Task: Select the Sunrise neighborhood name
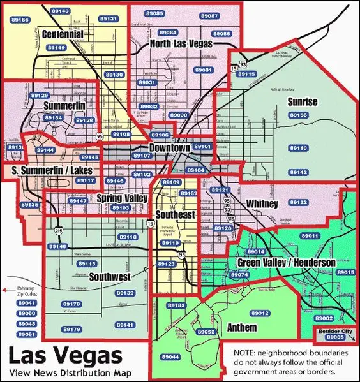302,101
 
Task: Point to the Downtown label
169,148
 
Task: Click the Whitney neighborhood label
262,203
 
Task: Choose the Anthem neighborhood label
242,328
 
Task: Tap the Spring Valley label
122,198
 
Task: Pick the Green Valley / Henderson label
286,263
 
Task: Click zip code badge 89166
20,20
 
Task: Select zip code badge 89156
298,115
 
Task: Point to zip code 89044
170,356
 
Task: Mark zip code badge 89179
72,329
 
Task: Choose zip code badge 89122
299,202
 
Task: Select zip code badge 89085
154,13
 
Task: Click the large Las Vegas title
56,355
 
